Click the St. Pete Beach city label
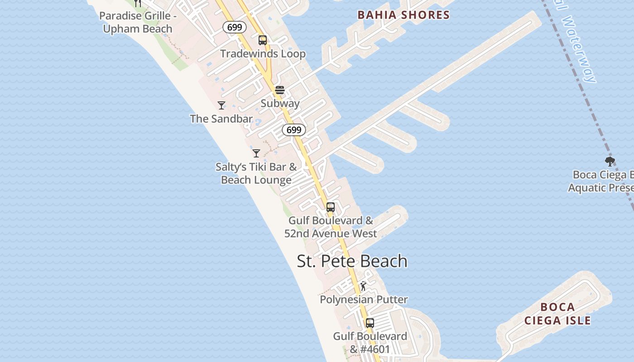click(352, 261)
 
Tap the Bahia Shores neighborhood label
click(403, 15)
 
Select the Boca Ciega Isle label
click(557, 314)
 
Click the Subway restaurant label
click(280, 103)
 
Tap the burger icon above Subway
click(280, 90)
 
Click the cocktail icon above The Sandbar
click(221, 105)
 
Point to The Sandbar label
click(221, 119)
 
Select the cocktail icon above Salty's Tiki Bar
click(256, 153)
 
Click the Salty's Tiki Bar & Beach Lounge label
click(256, 173)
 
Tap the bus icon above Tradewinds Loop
click(263, 40)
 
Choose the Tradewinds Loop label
click(263, 54)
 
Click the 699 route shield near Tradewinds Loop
click(235, 27)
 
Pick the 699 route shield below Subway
click(294, 130)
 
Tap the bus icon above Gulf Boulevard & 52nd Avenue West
click(331, 207)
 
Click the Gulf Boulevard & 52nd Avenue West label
click(331, 227)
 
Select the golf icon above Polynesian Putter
click(363, 286)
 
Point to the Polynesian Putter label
click(364, 300)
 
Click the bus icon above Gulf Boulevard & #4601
click(370, 323)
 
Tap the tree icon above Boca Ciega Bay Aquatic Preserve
click(610, 161)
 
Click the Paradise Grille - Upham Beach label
click(138, 22)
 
